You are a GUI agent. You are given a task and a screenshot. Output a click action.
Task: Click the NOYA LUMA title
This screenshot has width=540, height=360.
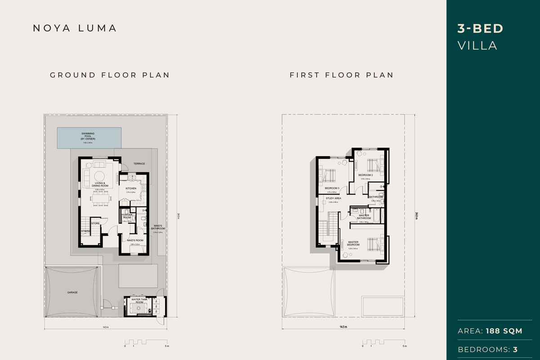(75, 28)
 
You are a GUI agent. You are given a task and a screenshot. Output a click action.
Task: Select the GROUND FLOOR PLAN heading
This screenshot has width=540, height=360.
(110, 75)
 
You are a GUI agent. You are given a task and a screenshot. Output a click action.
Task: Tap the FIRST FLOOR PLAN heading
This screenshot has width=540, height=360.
(342, 75)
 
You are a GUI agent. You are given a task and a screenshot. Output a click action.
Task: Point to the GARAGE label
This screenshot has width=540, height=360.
(72, 292)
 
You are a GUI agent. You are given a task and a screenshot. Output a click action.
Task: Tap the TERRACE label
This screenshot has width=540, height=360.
(139, 164)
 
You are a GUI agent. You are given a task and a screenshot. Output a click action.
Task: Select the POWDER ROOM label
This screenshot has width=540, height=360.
(126, 216)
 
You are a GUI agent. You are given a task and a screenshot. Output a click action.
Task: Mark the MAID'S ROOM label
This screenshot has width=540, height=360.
(133, 240)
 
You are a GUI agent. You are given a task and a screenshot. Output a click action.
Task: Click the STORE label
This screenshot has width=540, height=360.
(95, 223)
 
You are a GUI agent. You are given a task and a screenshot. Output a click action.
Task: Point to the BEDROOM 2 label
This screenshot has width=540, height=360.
(365, 175)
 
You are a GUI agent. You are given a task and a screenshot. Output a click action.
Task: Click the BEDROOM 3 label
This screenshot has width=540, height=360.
(332, 188)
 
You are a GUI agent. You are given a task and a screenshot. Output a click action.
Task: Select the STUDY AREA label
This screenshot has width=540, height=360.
(333, 198)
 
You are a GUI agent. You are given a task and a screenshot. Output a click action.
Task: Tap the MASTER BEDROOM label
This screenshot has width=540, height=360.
(353, 243)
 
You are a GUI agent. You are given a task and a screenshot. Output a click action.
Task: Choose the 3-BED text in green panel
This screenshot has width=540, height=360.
(480, 29)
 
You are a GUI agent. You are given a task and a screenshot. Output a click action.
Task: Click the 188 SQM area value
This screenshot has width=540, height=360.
(504, 331)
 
